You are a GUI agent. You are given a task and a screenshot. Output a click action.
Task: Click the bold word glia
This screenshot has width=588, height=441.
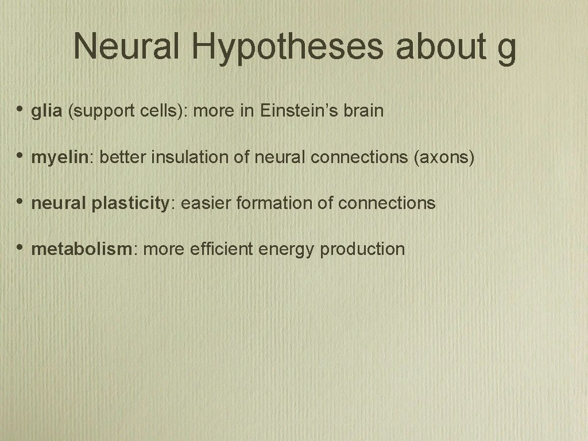[47, 111]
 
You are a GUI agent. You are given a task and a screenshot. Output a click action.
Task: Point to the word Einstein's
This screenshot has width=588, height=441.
[298, 111]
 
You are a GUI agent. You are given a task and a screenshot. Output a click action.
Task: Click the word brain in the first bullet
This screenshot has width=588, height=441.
[363, 111]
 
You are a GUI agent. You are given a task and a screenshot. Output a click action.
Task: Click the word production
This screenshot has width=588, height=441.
[362, 250]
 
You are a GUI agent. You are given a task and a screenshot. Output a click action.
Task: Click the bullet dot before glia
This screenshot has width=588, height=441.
[20, 110]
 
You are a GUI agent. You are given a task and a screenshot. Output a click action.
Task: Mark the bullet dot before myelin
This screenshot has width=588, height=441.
[20, 156]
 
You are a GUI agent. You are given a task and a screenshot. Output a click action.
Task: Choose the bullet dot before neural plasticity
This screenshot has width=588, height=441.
[20, 202]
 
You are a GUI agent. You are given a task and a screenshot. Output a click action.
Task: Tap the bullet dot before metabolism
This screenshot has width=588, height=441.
[20, 247]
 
